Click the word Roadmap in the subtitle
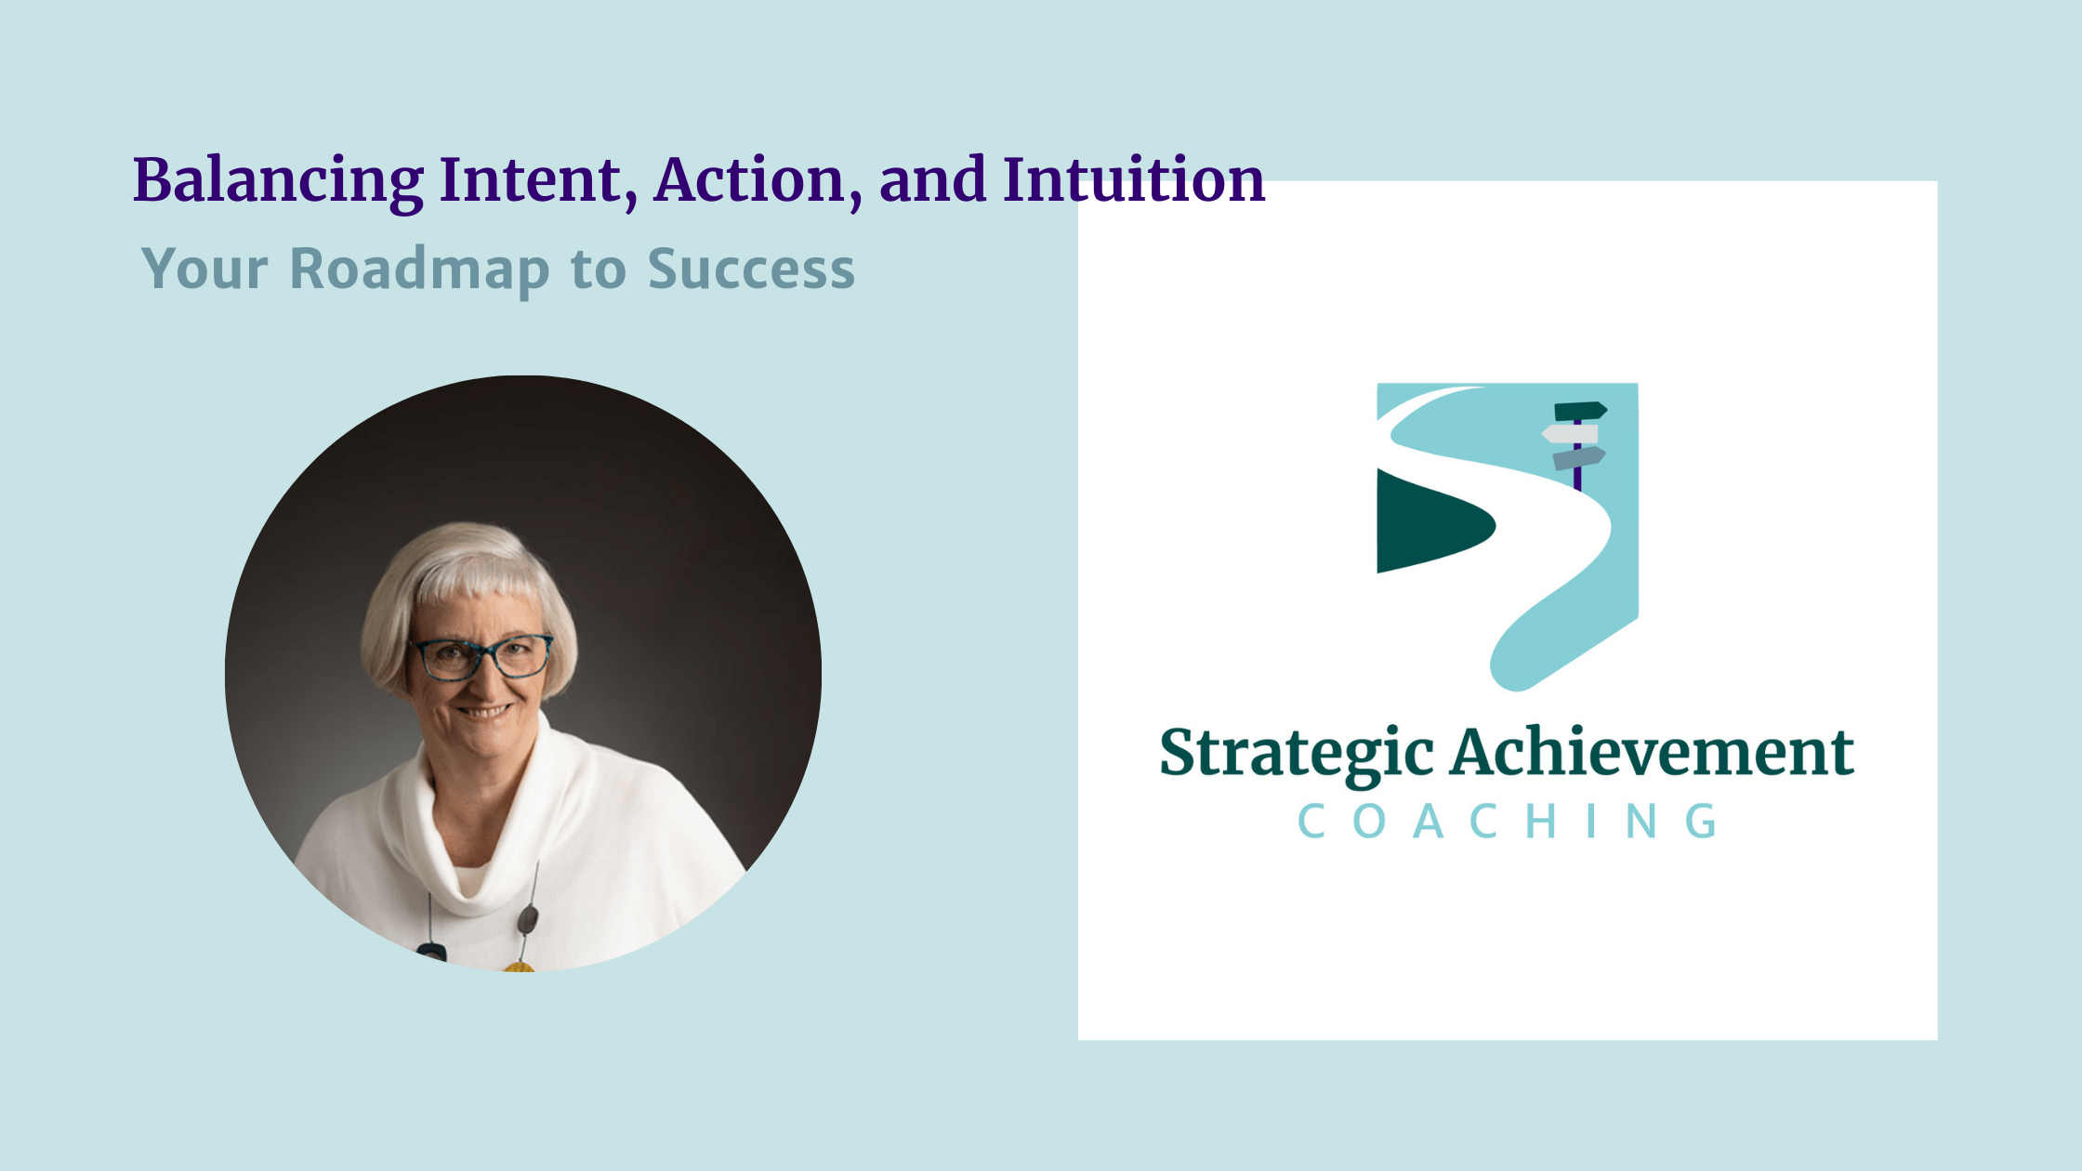tap(420, 270)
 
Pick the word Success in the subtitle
tap(751, 270)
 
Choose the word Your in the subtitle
tap(204, 270)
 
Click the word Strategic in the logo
tap(1296, 753)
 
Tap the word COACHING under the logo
tap(1508, 822)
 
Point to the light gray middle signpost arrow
tap(1571, 433)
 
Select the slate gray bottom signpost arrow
tap(1579, 457)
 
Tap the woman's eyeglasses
tap(481, 656)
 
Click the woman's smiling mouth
tap(483, 713)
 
